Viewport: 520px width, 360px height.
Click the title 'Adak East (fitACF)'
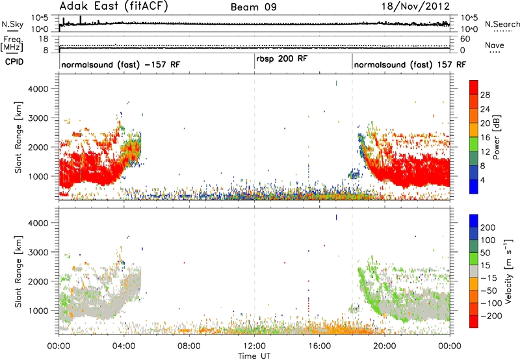click(114, 6)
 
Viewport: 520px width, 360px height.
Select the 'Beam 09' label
click(253, 7)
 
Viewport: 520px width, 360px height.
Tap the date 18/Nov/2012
click(415, 6)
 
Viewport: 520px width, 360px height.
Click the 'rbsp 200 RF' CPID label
click(282, 59)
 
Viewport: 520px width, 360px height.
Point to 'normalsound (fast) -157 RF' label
click(121, 64)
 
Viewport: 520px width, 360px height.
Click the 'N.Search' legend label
click(502, 24)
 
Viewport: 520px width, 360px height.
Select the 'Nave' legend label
click(495, 45)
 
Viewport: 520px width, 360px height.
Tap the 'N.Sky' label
click(12, 24)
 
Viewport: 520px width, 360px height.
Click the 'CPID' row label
click(14, 62)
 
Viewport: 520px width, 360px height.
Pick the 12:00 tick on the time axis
click(254, 346)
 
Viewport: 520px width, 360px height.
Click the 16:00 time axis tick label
click(319, 346)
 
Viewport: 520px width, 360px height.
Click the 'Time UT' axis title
click(254, 356)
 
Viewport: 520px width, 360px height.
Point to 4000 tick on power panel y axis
click(38, 89)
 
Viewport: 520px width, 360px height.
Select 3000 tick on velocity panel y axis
click(38, 252)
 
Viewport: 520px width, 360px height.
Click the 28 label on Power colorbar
click(485, 95)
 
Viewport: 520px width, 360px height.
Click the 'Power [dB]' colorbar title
click(497, 137)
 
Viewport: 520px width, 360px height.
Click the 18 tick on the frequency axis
click(44, 39)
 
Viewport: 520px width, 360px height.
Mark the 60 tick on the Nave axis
click(465, 39)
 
